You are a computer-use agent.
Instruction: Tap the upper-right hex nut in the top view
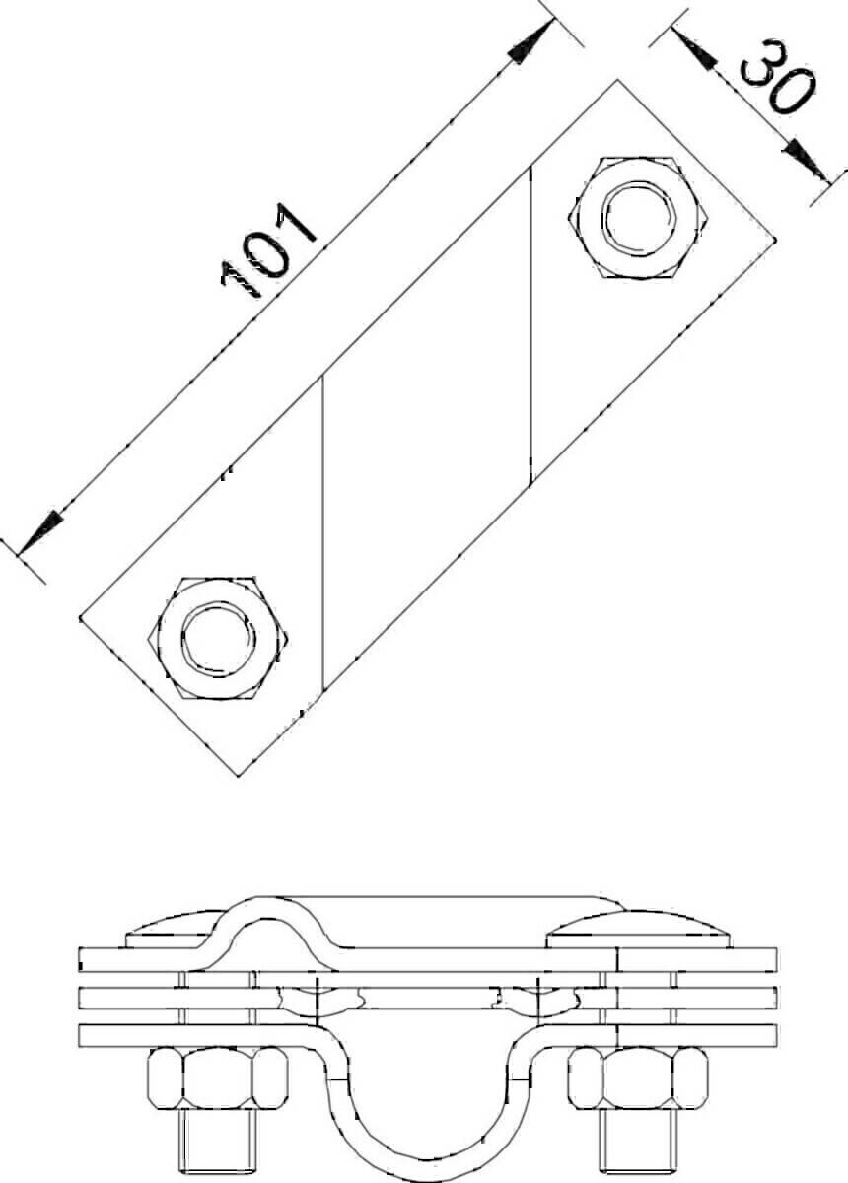(638, 218)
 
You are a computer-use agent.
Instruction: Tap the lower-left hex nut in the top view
(218, 639)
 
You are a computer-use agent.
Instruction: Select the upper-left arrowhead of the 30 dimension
(694, 48)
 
